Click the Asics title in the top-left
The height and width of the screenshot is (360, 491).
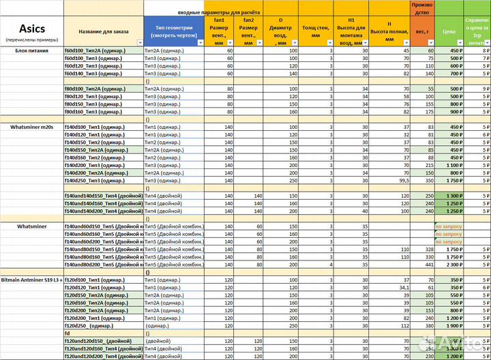31,28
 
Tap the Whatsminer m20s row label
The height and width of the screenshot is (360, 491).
31,127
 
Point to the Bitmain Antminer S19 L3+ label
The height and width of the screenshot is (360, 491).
32,280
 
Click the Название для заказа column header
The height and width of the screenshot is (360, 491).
103,31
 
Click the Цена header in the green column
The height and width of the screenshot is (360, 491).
449,31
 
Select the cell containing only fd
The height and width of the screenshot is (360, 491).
68,333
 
